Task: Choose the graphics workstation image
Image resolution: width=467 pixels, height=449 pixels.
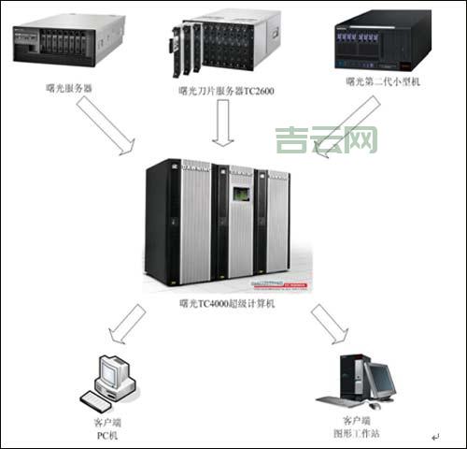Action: tap(363, 380)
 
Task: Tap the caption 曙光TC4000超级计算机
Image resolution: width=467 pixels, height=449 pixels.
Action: tap(230, 305)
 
